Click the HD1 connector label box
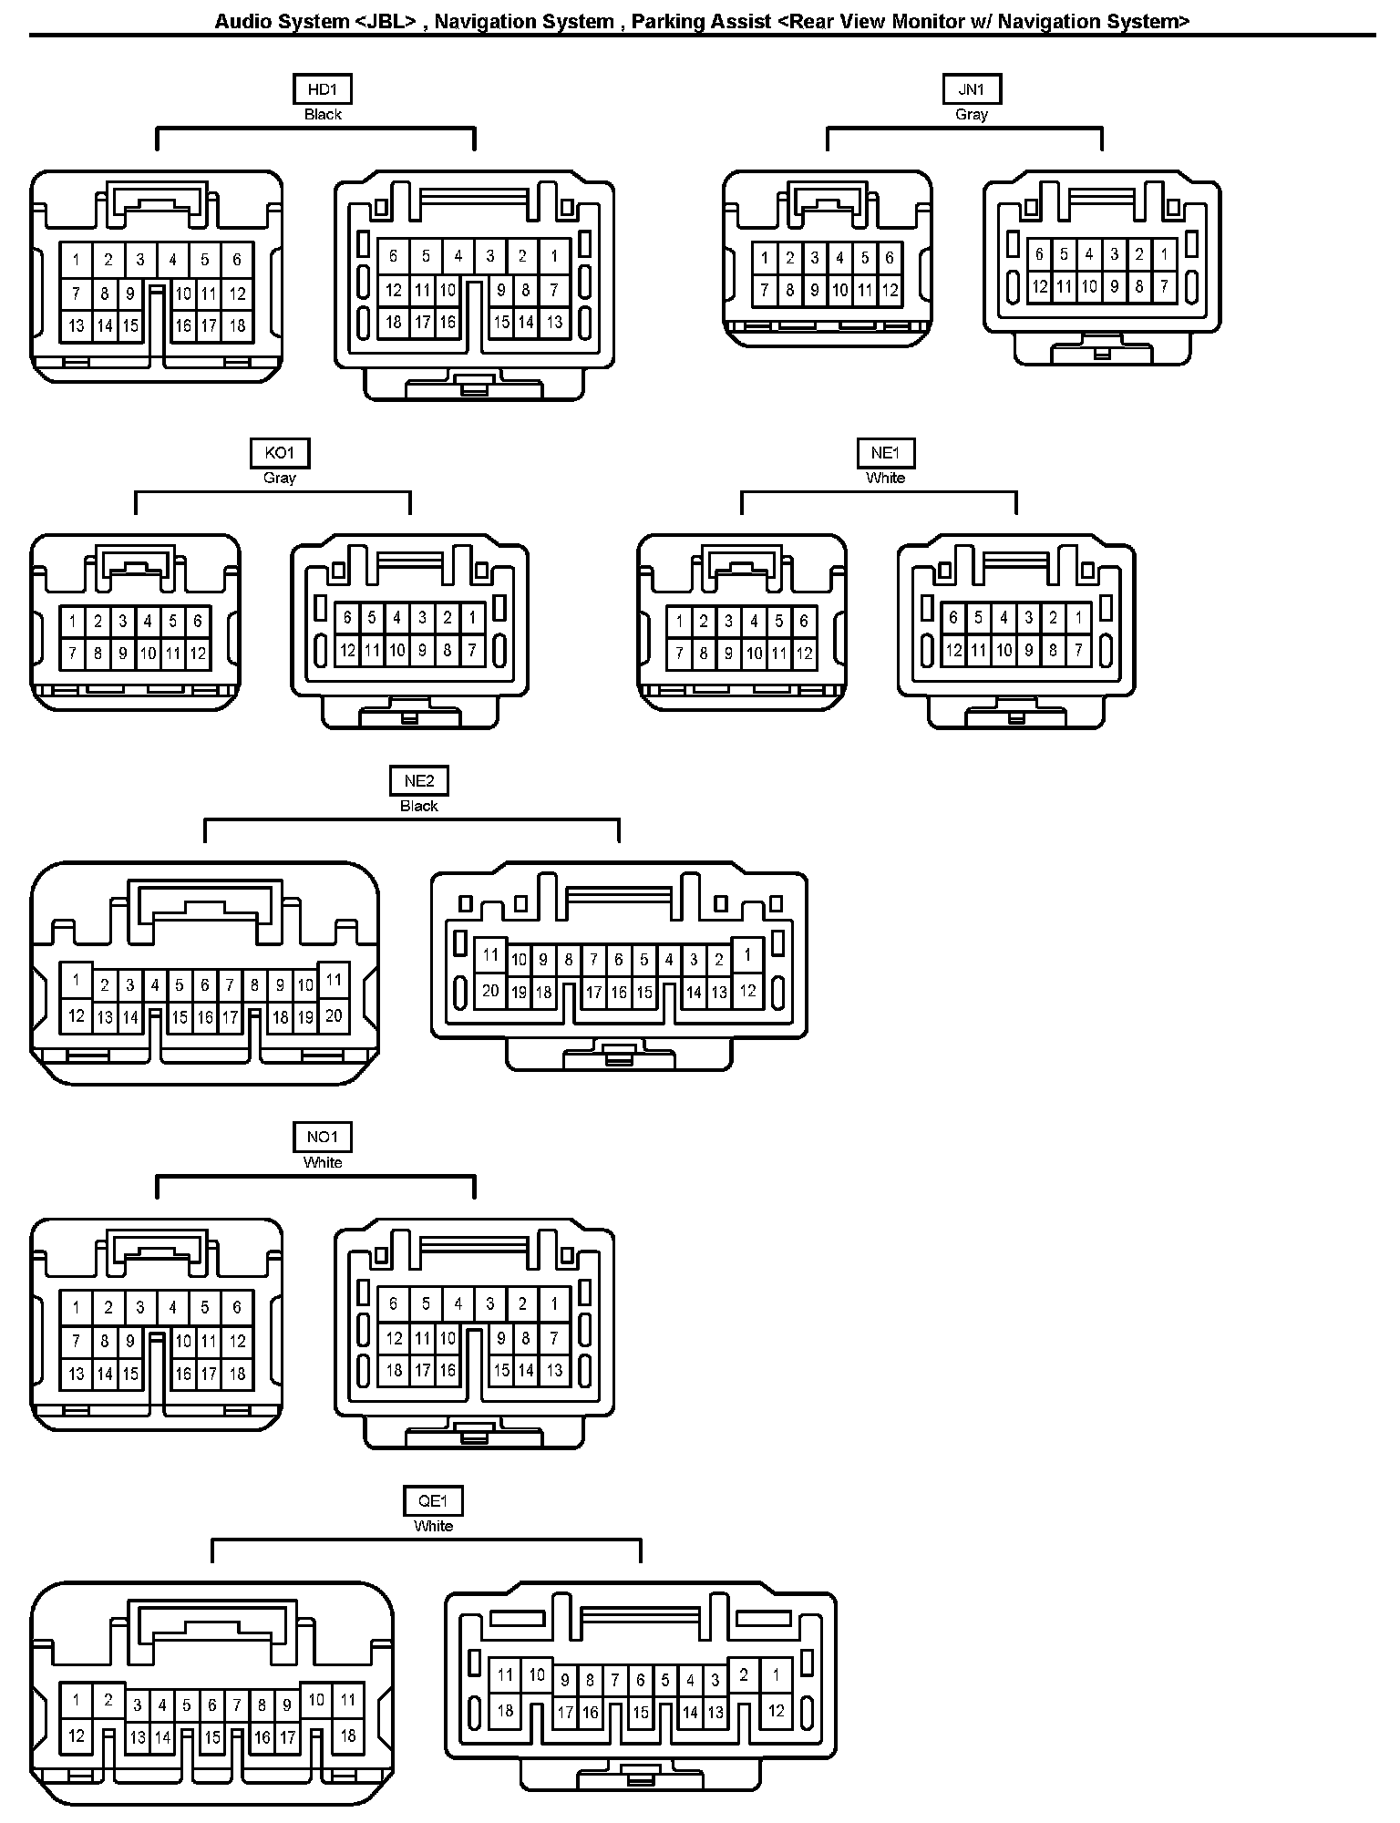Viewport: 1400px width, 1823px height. pyautogui.click(x=322, y=89)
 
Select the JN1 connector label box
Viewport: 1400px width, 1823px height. pyautogui.click(x=972, y=89)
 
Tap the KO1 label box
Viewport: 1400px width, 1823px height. pyautogui.click(x=280, y=453)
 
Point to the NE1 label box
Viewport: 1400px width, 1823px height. pyautogui.click(x=885, y=453)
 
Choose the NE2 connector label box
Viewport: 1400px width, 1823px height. pyautogui.click(x=419, y=781)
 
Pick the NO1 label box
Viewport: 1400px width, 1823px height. pyautogui.click(x=322, y=1137)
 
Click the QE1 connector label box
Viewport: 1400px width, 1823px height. pyautogui.click(x=433, y=1500)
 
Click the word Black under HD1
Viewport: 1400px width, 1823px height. pyautogui.click(x=323, y=115)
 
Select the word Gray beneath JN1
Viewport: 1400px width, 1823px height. pyautogui.click(x=972, y=115)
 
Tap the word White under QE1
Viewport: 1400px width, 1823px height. pyautogui.click(x=433, y=1526)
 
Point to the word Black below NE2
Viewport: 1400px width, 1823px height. pyautogui.click(x=419, y=807)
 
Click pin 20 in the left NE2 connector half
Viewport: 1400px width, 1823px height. pyautogui.click(x=334, y=1015)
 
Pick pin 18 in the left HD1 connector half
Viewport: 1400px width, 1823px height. pyautogui.click(x=237, y=325)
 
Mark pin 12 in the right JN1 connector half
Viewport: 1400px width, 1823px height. pyautogui.click(x=1039, y=286)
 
